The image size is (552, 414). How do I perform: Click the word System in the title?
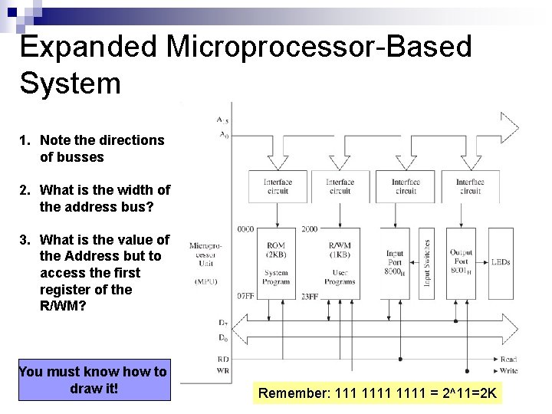[71, 83]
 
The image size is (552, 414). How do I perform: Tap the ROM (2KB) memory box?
[276, 262]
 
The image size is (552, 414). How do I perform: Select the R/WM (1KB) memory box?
[340, 262]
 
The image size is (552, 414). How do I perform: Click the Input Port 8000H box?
[395, 262]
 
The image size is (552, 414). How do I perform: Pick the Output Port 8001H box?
[461, 262]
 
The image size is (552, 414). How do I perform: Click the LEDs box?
[501, 262]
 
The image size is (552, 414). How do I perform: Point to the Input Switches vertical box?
[427, 262]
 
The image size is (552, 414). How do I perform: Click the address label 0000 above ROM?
[246, 229]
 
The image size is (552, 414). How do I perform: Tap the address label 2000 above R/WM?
[310, 229]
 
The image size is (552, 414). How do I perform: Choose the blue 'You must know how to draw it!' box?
[93, 379]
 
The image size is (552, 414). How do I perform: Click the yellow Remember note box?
[378, 394]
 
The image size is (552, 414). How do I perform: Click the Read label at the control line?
[508, 360]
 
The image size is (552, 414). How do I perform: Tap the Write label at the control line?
[508, 370]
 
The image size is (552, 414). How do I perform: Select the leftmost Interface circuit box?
[278, 186]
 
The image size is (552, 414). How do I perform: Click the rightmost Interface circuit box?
[470, 186]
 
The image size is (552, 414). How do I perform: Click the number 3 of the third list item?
[25, 240]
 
